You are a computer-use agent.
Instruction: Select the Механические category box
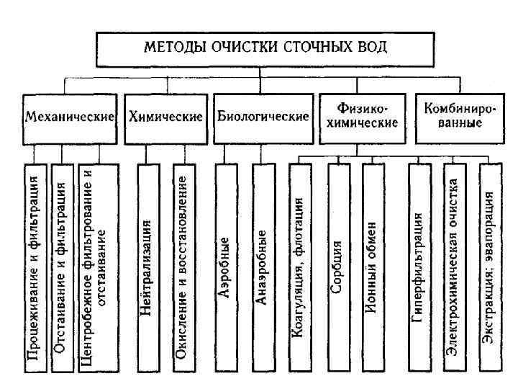tap(70, 116)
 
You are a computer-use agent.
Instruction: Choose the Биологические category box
tap(263, 116)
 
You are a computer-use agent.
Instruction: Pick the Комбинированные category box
tap(461, 116)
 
